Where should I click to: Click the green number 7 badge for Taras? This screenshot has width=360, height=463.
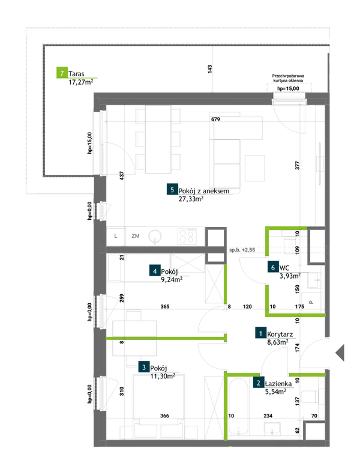(x=62, y=73)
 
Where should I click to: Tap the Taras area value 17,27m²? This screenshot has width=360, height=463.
(x=81, y=82)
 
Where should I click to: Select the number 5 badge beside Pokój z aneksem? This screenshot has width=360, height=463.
(x=172, y=190)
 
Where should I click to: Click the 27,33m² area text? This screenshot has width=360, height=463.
(x=191, y=199)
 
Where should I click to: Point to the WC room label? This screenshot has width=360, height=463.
(x=284, y=268)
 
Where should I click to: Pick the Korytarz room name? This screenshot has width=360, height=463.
(x=280, y=334)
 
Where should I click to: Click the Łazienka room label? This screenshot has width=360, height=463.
(x=278, y=384)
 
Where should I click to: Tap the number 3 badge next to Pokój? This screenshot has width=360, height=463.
(x=144, y=368)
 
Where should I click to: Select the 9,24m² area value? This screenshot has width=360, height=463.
(x=172, y=279)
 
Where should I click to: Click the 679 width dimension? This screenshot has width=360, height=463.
(x=215, y=120)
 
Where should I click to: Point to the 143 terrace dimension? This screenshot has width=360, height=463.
(x=210, y=69)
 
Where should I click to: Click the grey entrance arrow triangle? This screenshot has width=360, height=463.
(x=340, y=353)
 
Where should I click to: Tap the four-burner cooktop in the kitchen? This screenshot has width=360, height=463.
(x=187, y=236)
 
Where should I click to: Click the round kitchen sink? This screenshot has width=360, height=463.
(x=155, y=236)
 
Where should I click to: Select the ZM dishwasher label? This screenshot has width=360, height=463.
(x=136, y=236)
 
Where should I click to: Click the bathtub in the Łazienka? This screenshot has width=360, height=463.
(x=238, y=407)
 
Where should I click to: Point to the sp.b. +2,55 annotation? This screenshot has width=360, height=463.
(x=242, y=250)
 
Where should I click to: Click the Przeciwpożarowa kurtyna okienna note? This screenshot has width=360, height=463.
(x=288, y=78)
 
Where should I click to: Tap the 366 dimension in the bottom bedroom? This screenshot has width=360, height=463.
(x=164, y=416)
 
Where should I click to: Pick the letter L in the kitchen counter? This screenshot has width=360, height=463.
(x=116, y=236)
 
